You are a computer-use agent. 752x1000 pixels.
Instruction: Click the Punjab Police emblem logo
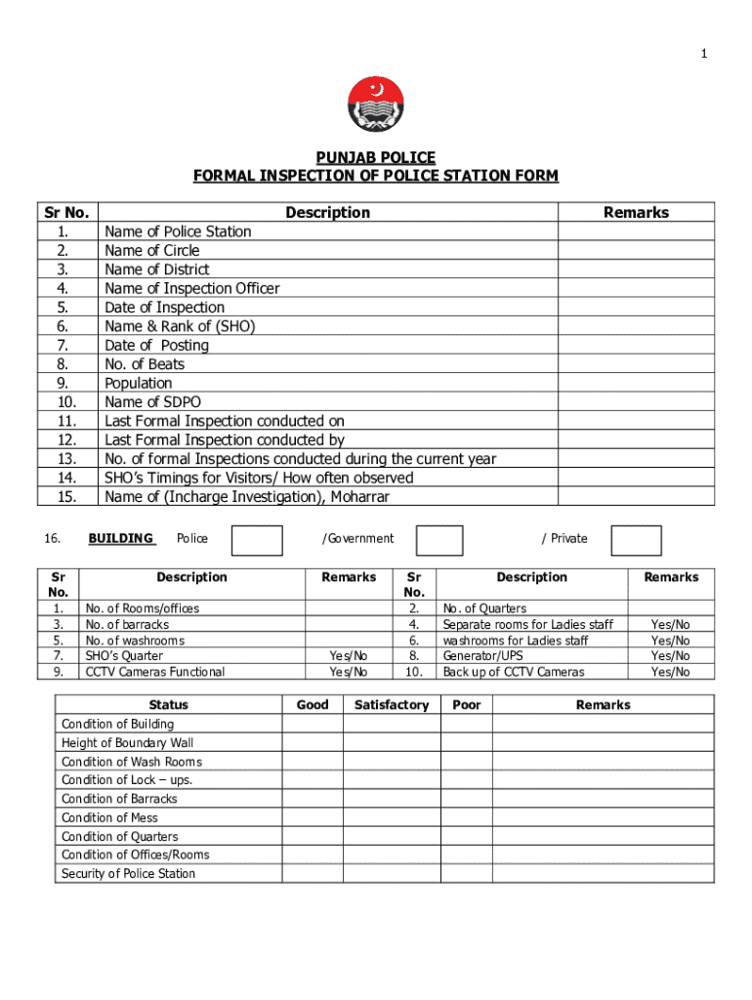[375, 104]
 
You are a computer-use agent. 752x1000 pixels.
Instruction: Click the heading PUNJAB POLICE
[375, 158]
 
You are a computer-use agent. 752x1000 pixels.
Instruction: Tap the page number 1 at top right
[702, 54]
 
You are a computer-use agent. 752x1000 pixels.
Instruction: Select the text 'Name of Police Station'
[178, 231]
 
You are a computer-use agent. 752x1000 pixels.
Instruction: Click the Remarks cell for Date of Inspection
[636, 308]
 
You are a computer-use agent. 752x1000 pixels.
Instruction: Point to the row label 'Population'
[139, 384]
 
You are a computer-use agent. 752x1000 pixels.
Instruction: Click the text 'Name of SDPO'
[151, 402]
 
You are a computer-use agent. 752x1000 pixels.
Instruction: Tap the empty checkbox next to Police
[258, 541]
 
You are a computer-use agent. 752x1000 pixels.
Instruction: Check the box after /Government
[439, 541]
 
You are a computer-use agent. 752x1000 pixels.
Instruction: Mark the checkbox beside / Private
[637, 541]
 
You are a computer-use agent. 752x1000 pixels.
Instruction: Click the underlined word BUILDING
[121, 538]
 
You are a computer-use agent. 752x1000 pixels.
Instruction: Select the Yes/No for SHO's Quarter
[349, 656]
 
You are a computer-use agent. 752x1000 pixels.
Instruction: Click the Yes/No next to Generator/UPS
[670, 656]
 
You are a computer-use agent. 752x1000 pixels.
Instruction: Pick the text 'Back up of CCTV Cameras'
[514, 672]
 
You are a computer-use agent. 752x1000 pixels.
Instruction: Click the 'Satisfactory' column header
[392, 705]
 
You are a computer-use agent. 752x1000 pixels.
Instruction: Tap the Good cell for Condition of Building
[312, 725]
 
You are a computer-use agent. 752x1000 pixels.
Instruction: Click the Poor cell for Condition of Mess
[466, 818]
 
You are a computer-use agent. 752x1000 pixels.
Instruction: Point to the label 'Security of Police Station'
[128, 874]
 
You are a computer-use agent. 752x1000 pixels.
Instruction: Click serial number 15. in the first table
[66, 497]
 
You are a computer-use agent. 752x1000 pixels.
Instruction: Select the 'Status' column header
[169, 705]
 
